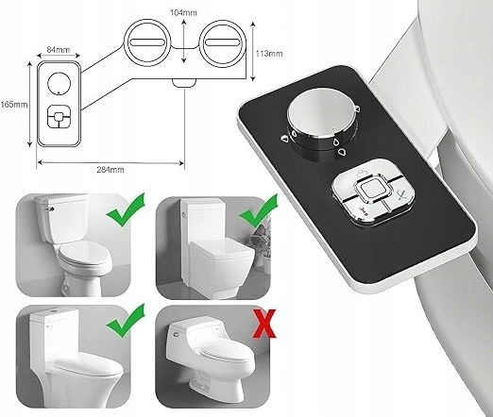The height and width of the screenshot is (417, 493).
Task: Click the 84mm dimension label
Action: point(59,49)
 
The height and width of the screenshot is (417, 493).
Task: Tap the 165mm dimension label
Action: point(14,105)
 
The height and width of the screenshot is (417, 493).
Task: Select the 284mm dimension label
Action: point(110,170)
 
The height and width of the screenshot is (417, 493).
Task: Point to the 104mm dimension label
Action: point(183,12)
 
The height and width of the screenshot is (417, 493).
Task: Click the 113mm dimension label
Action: point(269,54)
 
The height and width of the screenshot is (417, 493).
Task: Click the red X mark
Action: point(264,324)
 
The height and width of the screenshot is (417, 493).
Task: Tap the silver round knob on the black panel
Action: point(322,123)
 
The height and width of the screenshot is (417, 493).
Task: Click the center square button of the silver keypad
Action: point(373,190)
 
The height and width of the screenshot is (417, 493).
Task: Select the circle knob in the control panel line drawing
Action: point(59,83)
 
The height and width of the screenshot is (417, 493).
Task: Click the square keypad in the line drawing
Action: point(59,117)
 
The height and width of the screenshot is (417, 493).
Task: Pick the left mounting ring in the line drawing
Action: point(147,42)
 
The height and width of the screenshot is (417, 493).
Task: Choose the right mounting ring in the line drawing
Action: point(223,42)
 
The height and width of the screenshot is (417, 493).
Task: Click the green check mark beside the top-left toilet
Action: point(127,210)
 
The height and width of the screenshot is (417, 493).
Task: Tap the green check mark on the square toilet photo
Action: point(259,210)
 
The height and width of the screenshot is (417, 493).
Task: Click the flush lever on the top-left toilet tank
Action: point(49,208)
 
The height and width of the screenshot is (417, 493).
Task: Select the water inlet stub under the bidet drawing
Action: point(184,82)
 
